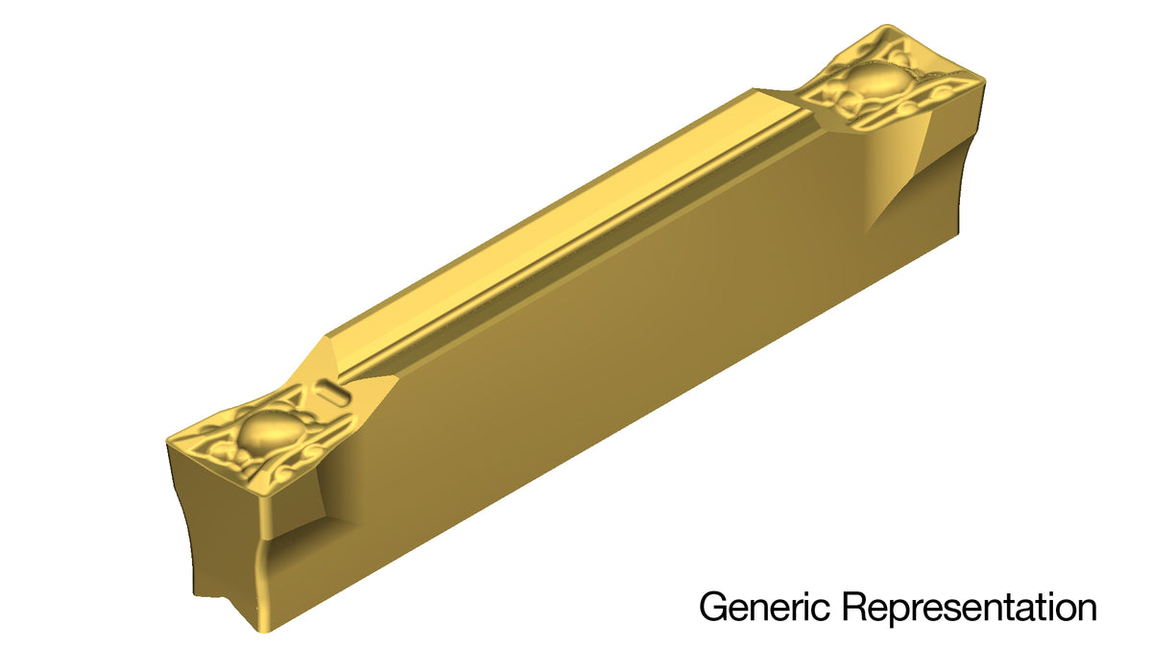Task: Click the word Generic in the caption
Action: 764,607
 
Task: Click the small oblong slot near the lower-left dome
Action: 334,393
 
